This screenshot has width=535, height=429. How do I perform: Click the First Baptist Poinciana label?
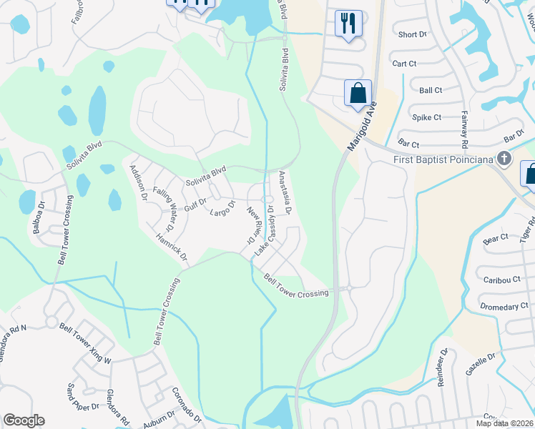pos(443,159)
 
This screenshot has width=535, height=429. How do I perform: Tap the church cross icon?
pos(505,158)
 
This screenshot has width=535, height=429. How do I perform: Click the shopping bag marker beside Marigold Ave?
pos(358,93)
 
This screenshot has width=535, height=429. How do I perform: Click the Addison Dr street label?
pos(137,181)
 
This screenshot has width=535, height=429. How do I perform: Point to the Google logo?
pos(24,420)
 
